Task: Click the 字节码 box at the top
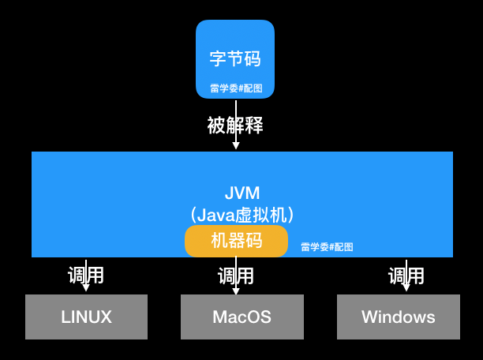click(235, 39)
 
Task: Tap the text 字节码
click(235, 58)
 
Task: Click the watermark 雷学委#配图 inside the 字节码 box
click(235, 88)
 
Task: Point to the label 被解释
click(235, 125)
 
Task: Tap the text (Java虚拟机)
click(241, 214)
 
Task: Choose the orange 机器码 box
click(236, 241)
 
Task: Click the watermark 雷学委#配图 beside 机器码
click(327, 246)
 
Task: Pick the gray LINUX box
click(87, 317)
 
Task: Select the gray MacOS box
click(242, 317)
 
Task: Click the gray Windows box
click(399, 317)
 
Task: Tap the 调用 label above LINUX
click(86, 276)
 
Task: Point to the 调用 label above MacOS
click(236, 276)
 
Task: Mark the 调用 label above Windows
click(406, 276)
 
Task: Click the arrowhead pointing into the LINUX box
click(86, 290)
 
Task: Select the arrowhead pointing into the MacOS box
click(235, 290)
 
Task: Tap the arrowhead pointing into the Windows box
click(406, 290)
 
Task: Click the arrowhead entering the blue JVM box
click(235, 146)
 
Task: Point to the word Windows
click(399, 317)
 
